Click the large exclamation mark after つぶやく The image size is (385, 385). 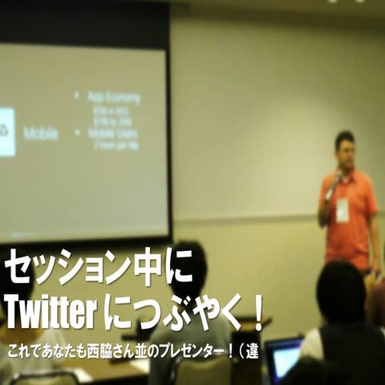point(257,314)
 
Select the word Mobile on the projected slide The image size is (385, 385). point(41,133)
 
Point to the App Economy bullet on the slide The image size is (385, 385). point(113,97)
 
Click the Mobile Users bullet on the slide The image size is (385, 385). point(112,133)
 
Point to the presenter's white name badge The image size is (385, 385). point(342,209)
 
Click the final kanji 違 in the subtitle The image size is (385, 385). point(252,351)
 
